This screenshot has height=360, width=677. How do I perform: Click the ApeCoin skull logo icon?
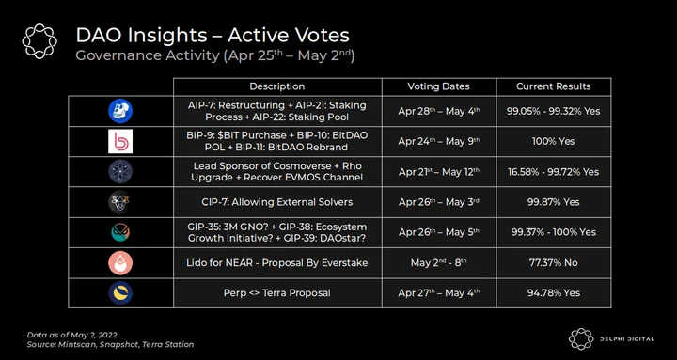click(120, 111)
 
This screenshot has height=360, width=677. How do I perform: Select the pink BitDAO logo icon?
click(120, 141)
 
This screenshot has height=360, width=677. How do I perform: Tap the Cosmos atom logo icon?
click(120, 172)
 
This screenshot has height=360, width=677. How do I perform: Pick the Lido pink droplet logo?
click(120, 263)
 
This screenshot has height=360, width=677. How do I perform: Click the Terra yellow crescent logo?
click(120, 293)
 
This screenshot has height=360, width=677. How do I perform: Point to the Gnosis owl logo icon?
click(120, 232)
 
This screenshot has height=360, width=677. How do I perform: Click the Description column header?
click(277, 86)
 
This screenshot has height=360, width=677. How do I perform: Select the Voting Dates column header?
click(439, 86)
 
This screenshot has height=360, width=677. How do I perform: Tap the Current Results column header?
click(554, 86)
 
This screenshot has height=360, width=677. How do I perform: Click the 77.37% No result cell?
click(554, 262)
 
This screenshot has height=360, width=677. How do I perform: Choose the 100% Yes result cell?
click(554, 141)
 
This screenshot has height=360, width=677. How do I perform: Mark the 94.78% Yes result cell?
click(554, 292)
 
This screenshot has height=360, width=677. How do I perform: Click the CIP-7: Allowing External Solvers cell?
click(277, 202)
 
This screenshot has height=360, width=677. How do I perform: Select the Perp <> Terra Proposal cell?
click(277, 292)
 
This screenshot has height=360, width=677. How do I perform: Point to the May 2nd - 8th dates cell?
click(439, 262)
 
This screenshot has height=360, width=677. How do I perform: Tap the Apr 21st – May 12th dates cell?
click(439, 171)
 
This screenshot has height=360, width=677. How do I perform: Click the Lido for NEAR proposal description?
click(277, 262)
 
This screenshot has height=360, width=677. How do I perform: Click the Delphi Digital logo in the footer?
click(611, 338)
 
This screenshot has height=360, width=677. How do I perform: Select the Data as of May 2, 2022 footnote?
click(72, 335)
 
